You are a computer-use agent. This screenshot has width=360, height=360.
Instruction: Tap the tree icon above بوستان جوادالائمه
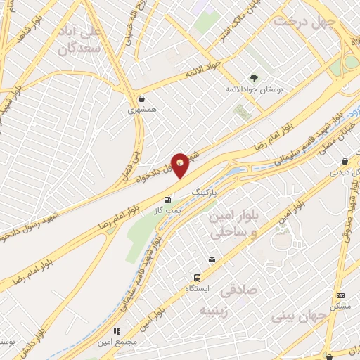pos(253,78)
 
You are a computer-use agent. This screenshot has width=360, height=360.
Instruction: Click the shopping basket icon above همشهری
pos(143,99)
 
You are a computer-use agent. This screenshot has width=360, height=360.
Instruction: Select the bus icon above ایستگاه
pos(198,277)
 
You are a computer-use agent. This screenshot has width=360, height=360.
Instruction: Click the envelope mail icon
pos(212,260)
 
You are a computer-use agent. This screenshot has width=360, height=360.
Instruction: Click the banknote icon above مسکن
pos(341,295)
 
